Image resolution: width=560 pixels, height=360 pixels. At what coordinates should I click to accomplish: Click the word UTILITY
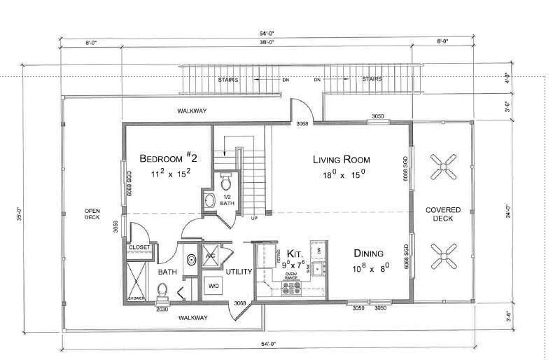pyautogui.click(x=238, y=271)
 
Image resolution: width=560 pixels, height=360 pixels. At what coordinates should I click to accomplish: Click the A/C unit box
pyautogui.click(x=210, y=256)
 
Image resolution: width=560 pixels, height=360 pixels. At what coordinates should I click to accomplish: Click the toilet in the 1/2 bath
pyautogui.click(x=225, y=183)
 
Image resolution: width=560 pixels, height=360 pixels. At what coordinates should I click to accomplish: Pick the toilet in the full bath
pyautogui.click(x=162, y=289)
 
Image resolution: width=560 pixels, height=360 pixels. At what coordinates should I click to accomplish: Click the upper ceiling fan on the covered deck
pyautogui.click(x=443, y=166)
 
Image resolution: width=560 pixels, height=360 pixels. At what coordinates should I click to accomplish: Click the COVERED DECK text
pyautogui.click(x=443, y=214)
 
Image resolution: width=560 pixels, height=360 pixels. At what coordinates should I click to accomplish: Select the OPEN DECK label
pyautogui.click(x=92, y=214)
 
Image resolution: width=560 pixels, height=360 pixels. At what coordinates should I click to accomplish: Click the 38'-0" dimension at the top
pyautogui.click(x=267, y=43)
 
